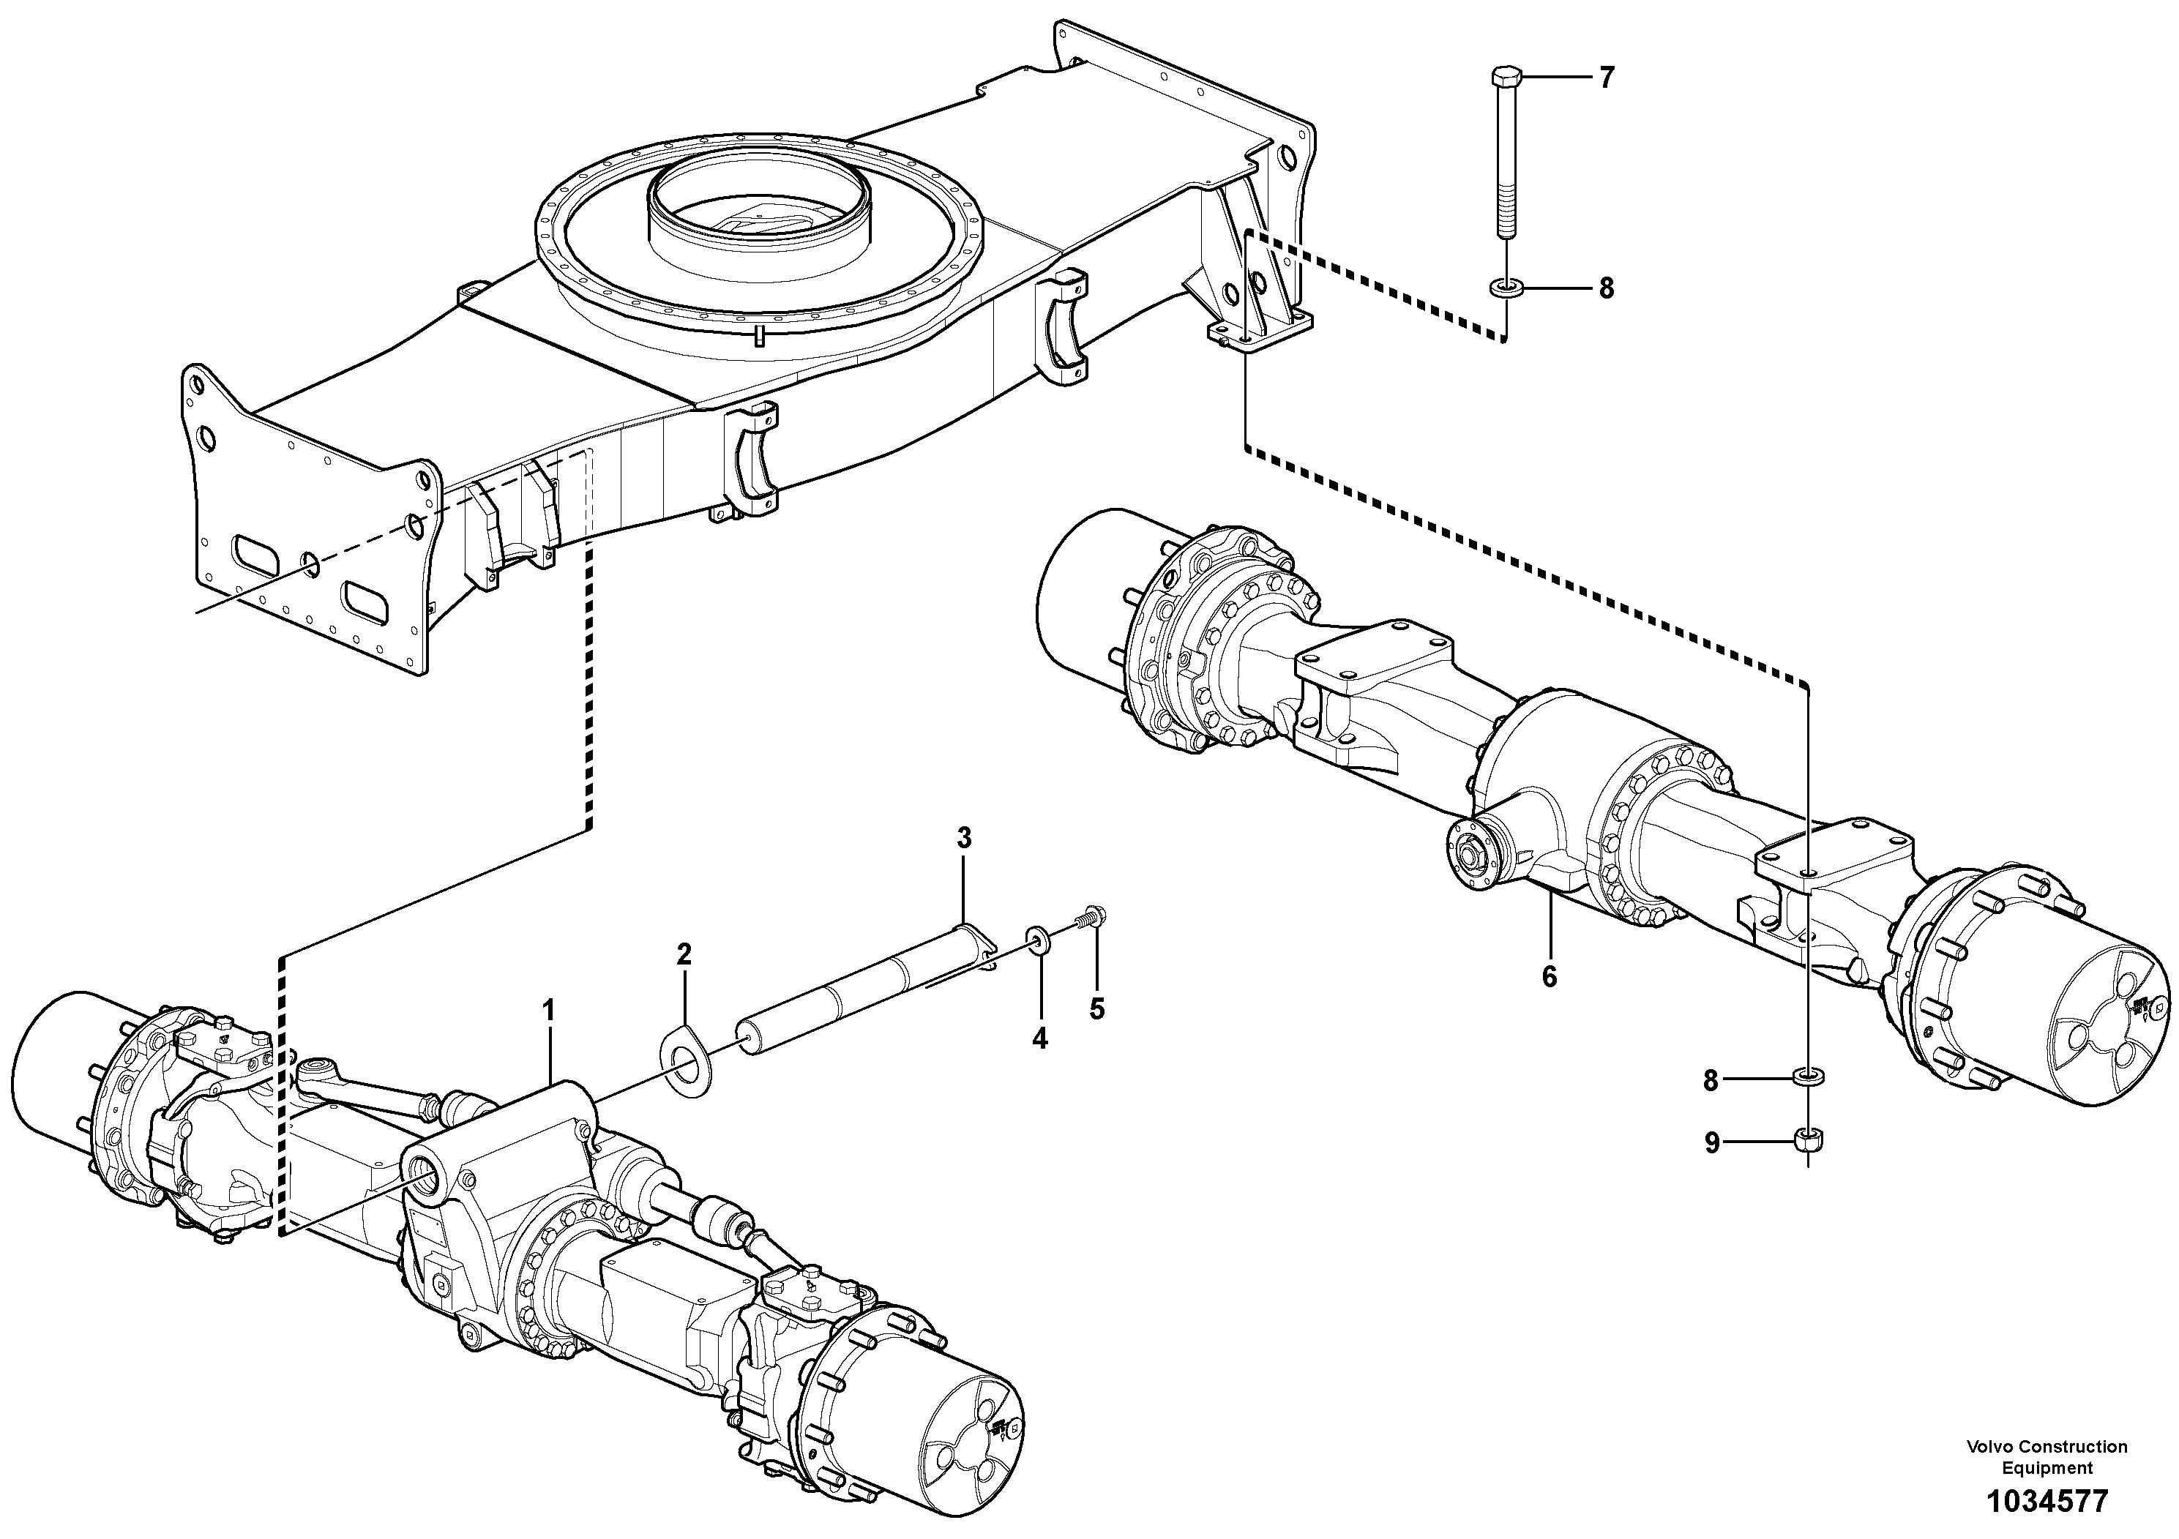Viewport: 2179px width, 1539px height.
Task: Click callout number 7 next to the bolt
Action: (1606, 78)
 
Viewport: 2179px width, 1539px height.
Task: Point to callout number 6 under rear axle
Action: (1549, 977)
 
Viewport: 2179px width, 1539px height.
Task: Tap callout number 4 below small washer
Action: (1040, 1039)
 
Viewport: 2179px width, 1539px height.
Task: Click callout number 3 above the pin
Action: (963, 838)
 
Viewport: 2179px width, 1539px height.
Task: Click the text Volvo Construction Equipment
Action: (2046, 1456)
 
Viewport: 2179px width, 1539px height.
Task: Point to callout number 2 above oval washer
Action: (684, 954)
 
